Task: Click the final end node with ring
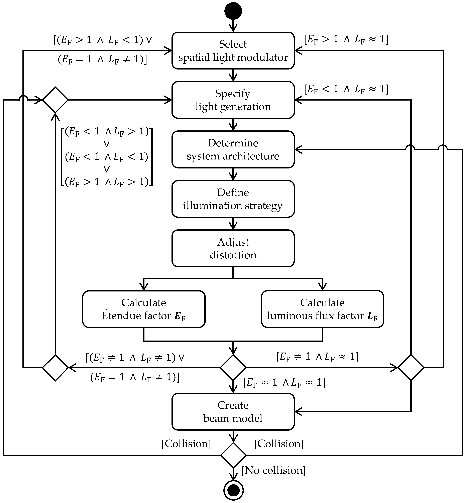point(233,490)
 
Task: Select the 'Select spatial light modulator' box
point(233,51)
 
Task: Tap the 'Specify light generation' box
point(233,100)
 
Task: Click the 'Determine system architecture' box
point(233,149)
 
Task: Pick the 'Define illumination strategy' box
point(233,199)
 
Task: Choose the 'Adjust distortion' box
point(233,248)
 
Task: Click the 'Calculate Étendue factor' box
point(144,309)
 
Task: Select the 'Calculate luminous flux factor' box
point(322,309)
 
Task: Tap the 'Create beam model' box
point(233,412)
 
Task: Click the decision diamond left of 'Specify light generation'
point(55,100)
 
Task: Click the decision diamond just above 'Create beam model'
point(233,368)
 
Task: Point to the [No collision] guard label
point(273,470)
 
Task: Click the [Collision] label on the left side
point(186,444)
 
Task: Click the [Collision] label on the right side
point(279,444)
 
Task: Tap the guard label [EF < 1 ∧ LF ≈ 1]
point(346,89)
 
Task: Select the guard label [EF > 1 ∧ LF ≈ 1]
point(346,39)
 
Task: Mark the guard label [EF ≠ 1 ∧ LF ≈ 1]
point(317,357)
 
